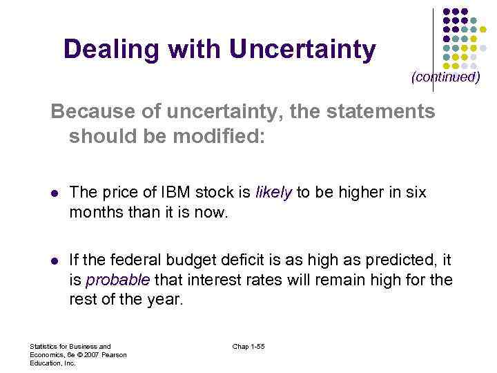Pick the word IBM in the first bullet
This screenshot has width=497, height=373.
(175, 193)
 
